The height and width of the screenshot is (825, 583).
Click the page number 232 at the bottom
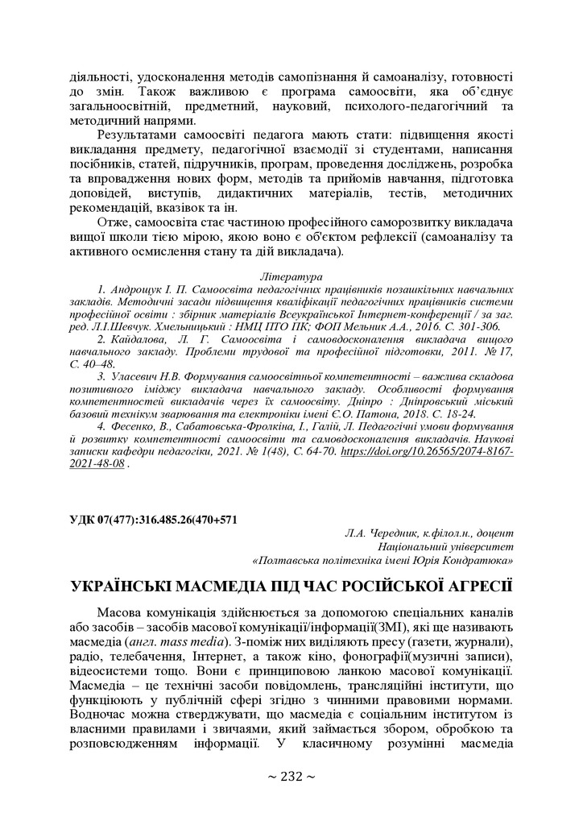coord(291,777)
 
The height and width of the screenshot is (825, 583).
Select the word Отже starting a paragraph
coord(114,222)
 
